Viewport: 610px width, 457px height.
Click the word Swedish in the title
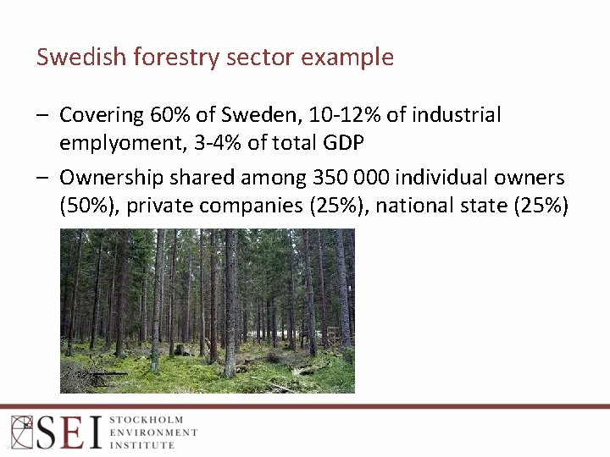(75, 58)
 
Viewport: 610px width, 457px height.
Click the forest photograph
(208, 311)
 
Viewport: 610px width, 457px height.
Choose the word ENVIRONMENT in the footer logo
(153, 432)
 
